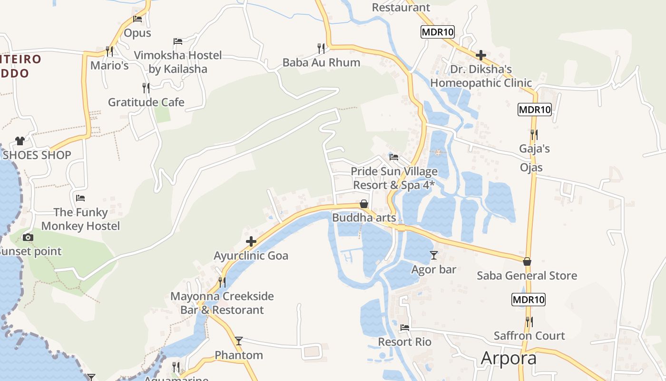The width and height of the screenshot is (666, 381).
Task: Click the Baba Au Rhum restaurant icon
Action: pos(321,48)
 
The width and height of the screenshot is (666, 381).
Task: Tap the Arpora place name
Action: pos(509,358)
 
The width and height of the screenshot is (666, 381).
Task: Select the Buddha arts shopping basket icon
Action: pos(364,204)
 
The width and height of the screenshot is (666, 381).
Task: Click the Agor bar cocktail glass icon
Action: pos(433,255)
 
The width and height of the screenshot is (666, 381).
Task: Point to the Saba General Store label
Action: pos(527,275)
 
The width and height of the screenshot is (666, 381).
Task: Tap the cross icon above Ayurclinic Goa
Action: pos(251,242)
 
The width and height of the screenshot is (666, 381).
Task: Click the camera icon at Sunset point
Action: pos(28,237)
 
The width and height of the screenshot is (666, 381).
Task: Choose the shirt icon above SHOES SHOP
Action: pos(20,140)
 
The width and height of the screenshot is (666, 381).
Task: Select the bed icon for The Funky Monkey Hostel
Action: pos(80,198)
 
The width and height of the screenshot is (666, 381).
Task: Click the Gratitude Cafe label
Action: pos(146,102)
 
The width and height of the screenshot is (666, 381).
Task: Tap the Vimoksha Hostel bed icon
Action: pos(178,41)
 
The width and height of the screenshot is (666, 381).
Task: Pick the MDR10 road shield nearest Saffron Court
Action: pos(528,300)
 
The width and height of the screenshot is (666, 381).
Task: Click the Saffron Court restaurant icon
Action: pos(529,322)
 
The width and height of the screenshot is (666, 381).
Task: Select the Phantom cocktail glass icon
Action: pos(239,341)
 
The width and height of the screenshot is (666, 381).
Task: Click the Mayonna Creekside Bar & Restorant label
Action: pos(222,303)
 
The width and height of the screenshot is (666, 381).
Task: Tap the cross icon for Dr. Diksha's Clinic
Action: pos(481,55)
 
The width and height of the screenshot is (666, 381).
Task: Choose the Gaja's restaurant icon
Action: pos(534,135)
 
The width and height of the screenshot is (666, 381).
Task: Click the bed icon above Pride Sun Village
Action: pos(394,157)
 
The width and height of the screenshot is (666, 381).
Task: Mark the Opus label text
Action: pos(137,33)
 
